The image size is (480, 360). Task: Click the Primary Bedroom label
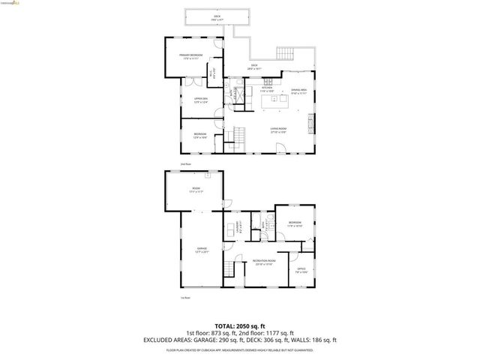pos(190,55)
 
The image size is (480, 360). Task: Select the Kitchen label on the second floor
pos(245,89)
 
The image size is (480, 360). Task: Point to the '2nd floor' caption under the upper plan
pos(186,163)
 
